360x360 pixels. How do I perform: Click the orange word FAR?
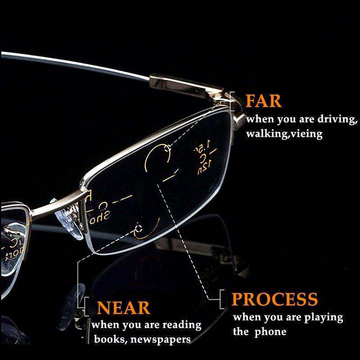(x=264, y=101)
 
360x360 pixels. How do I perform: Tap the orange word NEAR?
(x=123, y=308)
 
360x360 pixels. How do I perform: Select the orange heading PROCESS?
(x=274, y=299)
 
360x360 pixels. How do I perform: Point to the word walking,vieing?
(x=284, y=135)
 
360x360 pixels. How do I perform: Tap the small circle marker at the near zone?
(x=138, y=229)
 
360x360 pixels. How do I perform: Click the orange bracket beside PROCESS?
(x=221, y=299)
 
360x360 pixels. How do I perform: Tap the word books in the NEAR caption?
(x=106, y=339)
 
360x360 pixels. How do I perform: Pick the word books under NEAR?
(x=106, y=339)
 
